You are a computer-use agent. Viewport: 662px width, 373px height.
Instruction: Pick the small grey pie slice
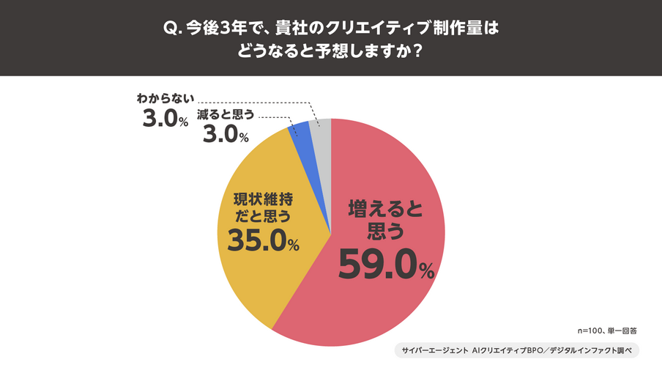pyautogui.click(x=321, y=129)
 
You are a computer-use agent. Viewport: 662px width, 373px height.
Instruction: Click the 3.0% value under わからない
pyautogui.click(x=165, y=118)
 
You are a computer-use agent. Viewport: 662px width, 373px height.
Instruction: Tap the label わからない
pyautogui.click(x=165, y=97)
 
